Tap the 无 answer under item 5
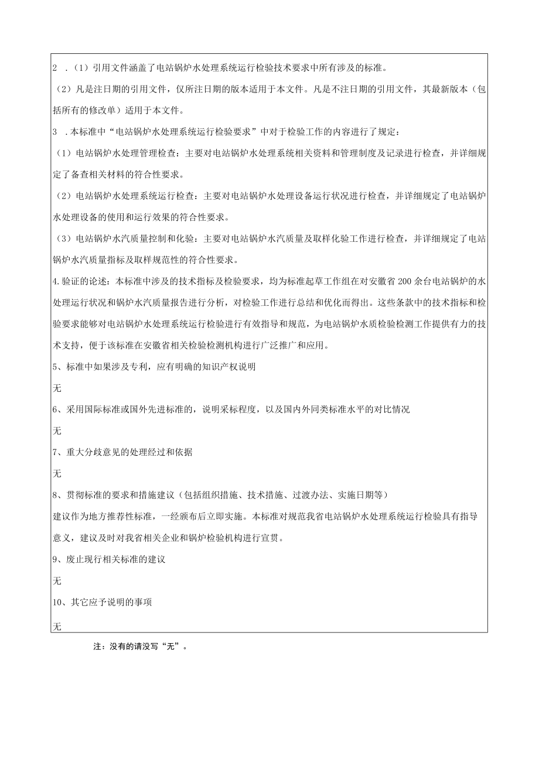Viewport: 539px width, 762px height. tap(57, 388)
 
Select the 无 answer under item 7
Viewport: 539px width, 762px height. tap(57, 473)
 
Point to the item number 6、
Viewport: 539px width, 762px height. tap(58, 409)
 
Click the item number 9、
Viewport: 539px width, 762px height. tap(58, 559)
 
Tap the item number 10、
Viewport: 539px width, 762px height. tap(61, 602)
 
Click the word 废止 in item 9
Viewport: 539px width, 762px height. tap(74, 559)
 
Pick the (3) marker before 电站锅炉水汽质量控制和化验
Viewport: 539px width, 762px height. tap(62, 238)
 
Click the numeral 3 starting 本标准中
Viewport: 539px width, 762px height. tap(55, 132)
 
